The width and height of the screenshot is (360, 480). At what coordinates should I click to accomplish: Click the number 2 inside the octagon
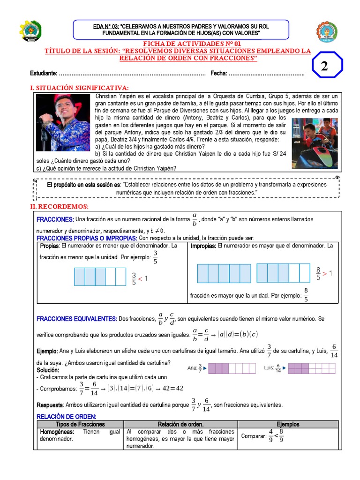324,67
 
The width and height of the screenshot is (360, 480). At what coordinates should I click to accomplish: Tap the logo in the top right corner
326,31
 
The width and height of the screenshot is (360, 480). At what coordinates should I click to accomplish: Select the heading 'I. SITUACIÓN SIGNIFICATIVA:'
79,88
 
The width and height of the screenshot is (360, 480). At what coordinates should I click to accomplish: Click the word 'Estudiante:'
44,74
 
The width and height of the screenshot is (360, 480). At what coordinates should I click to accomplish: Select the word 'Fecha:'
219,74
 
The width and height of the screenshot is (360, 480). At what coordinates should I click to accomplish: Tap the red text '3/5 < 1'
139,278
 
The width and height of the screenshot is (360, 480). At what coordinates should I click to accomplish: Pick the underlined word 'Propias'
49,246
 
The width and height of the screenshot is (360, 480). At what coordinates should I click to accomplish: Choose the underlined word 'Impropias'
203,246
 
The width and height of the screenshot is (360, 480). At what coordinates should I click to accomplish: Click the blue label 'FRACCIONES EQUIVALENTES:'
76,319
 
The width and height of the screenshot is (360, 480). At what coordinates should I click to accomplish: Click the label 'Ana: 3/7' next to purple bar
194,368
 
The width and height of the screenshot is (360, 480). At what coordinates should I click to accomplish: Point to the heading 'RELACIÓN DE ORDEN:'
66,417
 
